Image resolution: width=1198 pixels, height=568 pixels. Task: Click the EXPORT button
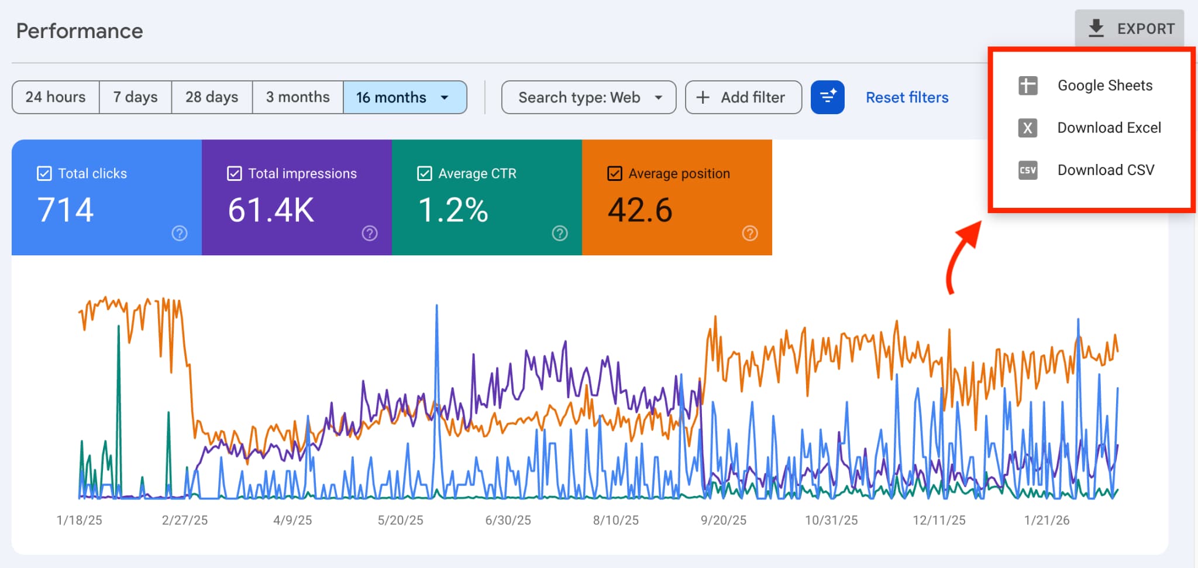coord(1130,29)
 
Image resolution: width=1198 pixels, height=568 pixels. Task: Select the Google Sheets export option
coord(1104,85)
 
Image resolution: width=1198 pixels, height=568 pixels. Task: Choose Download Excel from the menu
coord(1108,128)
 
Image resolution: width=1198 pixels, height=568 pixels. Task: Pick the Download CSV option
coord(1105,170)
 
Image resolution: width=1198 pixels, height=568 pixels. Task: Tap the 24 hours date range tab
coord(56,97)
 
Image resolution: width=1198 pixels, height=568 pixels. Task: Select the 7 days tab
coord(135,97)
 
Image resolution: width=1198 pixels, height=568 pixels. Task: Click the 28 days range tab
coord(212,97)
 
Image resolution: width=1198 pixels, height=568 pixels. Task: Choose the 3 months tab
coord(298,97)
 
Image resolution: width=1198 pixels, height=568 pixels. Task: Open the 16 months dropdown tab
coord(404,97)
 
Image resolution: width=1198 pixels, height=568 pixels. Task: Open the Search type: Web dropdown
coord(588,97)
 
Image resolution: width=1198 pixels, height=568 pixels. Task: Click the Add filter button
coord(743,97)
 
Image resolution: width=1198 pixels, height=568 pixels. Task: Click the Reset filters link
coord(907,97)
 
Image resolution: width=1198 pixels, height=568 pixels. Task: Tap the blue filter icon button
coord(827,97)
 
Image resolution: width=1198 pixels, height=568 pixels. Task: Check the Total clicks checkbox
coord(44,173)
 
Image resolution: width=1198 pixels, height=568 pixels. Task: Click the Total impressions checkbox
coord(235,173)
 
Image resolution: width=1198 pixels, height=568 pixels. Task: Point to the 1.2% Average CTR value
coord(453,210)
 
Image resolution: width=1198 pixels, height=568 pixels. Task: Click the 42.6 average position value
coord(640,210)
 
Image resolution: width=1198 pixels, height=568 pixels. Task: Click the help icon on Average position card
coord(750,233)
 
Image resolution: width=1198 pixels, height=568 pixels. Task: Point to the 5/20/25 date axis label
coord(400,520)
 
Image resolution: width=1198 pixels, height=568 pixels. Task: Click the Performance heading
coord(80,31)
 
